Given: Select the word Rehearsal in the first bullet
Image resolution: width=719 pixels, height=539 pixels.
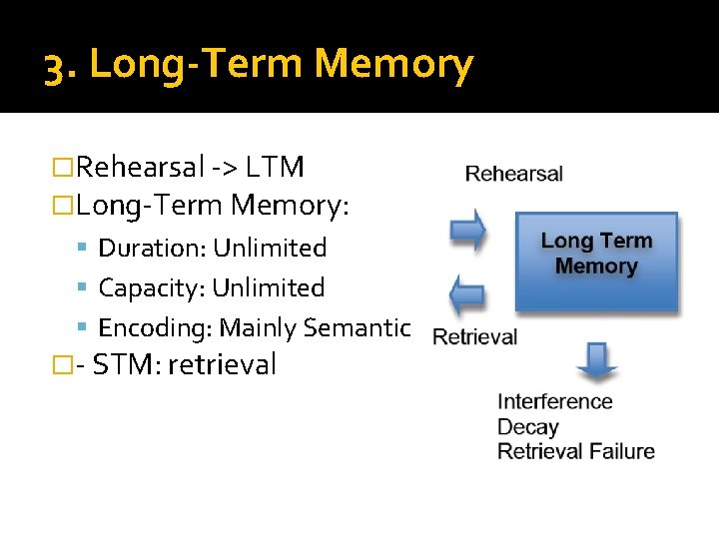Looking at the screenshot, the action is (x=140, y=167).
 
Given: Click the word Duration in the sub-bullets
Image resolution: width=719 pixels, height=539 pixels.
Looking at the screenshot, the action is (x=152, y=248).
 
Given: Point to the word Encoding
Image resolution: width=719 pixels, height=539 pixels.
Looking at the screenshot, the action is (x=155, y=327).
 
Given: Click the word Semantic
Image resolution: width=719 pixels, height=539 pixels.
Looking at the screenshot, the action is (x=357, y=327).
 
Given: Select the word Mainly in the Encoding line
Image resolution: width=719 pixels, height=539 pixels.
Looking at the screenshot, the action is (x=258, y=327).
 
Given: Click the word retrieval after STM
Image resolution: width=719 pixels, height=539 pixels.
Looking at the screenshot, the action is (x=222, y=364).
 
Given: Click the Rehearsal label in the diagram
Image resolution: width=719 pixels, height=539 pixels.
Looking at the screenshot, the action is (x=514, y=174).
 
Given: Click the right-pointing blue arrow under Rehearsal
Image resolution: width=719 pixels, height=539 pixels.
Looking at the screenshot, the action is (x=467, y=231).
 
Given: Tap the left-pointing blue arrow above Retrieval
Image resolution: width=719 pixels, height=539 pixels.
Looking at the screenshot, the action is (x=467, y=294).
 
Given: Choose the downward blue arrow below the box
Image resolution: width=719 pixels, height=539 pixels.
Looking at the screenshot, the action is (x=597, y=361).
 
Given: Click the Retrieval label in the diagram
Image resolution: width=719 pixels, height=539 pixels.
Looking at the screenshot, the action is (x=475, y=337).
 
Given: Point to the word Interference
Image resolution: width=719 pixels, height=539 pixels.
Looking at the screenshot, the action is (x=555, y=401).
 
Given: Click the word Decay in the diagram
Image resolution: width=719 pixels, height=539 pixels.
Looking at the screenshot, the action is (x=528, y=427).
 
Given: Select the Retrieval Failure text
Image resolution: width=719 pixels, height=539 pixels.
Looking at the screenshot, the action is (x=576, y=451).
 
